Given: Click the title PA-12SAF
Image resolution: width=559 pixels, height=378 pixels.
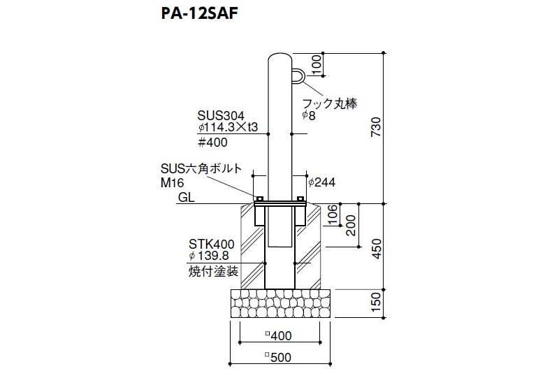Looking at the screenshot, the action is tap(199, 14).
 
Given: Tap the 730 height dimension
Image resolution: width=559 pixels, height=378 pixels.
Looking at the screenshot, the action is tap(376, 127).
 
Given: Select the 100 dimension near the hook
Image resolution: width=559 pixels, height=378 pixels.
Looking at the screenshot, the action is tap(317, 64).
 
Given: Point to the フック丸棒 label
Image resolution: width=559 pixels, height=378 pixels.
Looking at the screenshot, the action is tap(329, 103).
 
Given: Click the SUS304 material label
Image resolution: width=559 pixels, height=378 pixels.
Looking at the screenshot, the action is tap(221, 115).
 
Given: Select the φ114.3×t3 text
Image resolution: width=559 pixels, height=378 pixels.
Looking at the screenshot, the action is tap(228, 127).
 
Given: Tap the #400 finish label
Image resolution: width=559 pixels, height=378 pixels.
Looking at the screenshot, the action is tap(212, 143).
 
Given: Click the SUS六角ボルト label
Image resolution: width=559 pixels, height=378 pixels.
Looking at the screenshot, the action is tap(201, 168).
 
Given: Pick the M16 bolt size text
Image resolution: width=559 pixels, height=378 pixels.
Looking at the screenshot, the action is tap(172, 183).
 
